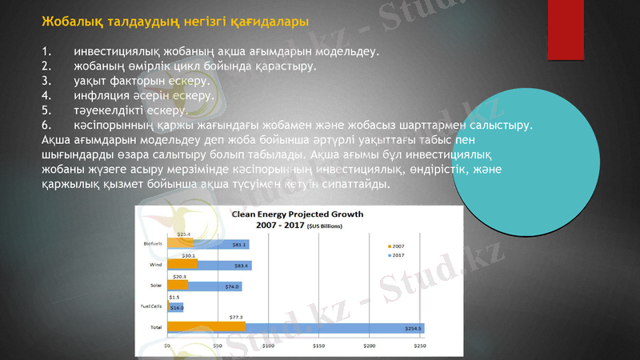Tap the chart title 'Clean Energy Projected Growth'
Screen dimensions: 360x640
click(298, 214)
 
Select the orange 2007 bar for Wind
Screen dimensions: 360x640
click(182, 264)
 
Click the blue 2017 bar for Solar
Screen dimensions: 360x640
click(214, 286)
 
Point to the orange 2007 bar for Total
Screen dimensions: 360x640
click(206, 326)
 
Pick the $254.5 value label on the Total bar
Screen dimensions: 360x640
click(414, 328)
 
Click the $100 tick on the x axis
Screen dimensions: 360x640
click(268, 346)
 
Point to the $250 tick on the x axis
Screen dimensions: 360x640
click(419, 346)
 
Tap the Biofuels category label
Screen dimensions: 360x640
click(152, 243)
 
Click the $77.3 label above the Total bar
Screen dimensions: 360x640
click(237, 317)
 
